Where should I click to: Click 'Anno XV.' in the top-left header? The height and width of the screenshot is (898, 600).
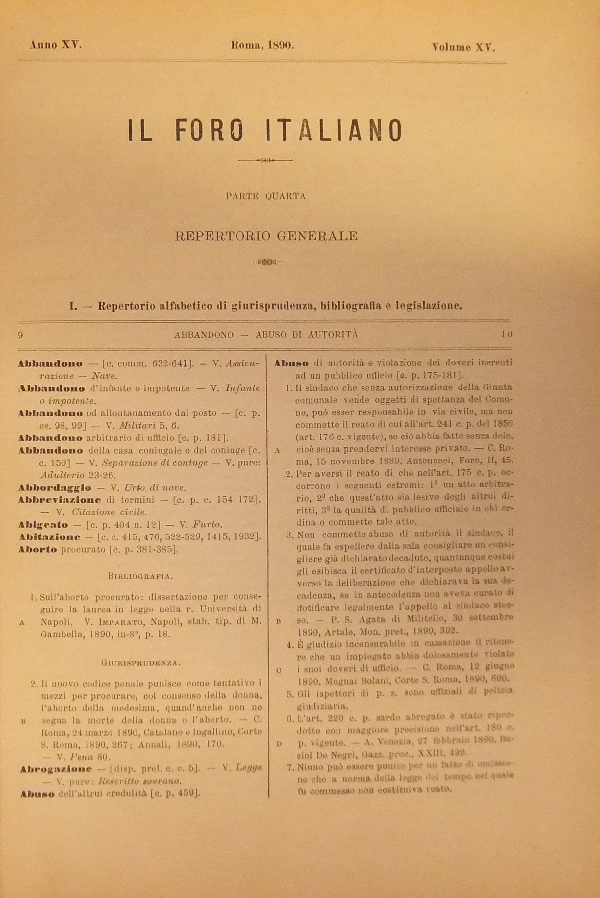tap(56, 45)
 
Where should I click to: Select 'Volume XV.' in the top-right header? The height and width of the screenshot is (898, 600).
tap(463, 47)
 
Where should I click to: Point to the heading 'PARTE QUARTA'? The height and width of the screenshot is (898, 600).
tap(265, 196)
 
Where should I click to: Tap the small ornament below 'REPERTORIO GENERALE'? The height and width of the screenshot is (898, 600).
tap(267, 262)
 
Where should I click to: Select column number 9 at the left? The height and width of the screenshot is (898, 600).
tap(21, 335)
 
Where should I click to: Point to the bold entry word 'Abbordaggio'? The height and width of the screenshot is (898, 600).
tap(55, 488)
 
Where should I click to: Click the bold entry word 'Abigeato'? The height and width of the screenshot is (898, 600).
tap(43, 525)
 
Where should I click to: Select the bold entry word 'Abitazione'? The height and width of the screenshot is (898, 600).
tap(49, 537)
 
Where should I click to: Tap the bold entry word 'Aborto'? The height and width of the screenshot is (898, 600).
tap(37, 549)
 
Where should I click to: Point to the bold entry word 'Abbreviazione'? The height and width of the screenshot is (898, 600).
tap(59, 500)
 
